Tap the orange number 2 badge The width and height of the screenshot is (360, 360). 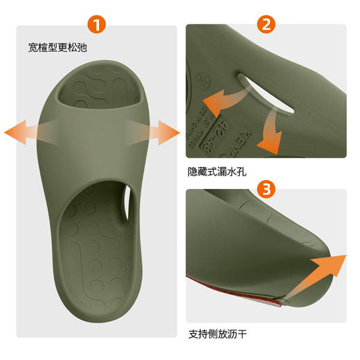[266, 25]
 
